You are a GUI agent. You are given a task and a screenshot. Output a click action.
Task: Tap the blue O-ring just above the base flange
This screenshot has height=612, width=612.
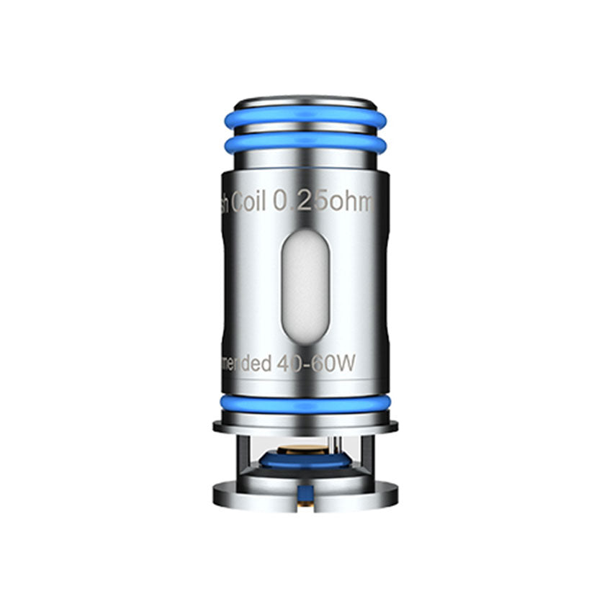pyautogui.click(x=305, y=403)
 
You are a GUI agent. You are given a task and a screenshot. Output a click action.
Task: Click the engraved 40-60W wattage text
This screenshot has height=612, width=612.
pyautogui.click(x=317, y=364)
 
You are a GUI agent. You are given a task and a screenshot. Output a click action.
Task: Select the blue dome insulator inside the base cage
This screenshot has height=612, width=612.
pyautogui.click(x=306, y=459)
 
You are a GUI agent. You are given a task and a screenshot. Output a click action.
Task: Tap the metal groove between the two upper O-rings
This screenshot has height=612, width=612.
pyautogui.click(x=305, y=131)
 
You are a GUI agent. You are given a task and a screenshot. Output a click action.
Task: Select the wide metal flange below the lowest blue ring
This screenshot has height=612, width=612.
pyautogui.click(x=305, y=424)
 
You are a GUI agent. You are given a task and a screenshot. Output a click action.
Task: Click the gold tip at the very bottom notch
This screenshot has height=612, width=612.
pyautogui.click(x=306, y=503)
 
